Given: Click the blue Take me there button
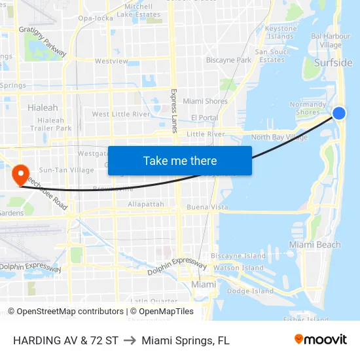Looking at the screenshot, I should (x=180, y=160).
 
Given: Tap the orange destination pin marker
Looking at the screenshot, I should (x=20, y=174).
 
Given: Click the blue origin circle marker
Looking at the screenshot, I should (x=338, y=113).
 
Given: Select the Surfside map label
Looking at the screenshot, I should (x=333, y=63).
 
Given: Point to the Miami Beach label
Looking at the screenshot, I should (x=315, y=245).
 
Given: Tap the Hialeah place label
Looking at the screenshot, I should (x=43, y=107).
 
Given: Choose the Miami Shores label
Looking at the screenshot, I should (x=205, y=101).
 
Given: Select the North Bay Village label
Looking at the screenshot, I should (x=279, y=137).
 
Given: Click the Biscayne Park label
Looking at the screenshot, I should (x=228, y=60).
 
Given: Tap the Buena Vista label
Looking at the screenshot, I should (x=207, y=207).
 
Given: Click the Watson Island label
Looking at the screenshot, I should (x=238, y=268).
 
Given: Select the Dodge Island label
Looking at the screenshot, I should (x=250, y=291).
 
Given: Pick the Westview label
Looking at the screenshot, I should (x=111, y=61).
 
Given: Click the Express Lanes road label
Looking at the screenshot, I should (x=174, y=111).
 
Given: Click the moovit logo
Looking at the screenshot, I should (x=320, y=340).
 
